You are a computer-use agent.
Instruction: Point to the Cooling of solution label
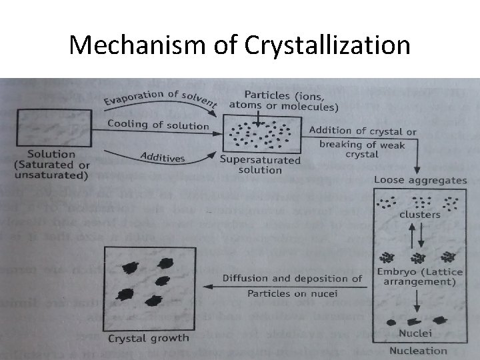[x=158, y=125]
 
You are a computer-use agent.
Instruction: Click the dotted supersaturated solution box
[x=261, y=135]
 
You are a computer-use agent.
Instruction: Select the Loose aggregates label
[x=419, y=180]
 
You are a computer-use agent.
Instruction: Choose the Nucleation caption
[x=419, y=351]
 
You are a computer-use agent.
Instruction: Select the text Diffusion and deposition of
[x=293, y=279]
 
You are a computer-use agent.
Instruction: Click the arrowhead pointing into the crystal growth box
[x=207, y=286]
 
